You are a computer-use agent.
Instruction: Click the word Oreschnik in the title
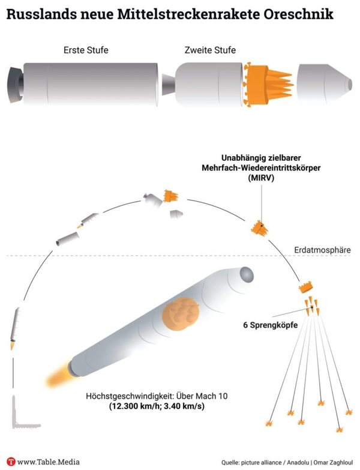(299, 14)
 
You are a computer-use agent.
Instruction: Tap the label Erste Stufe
(86, 50)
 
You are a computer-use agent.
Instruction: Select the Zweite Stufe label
(210, 50)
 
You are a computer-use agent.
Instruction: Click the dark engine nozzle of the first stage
(15, 85)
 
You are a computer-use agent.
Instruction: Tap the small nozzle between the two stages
(169, 85)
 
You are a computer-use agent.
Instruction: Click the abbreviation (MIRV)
(261, 178)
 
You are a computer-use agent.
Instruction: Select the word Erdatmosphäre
(322, 250)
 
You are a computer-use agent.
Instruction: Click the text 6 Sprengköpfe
(271, 325)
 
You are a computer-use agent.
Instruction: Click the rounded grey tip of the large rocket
(246, 274)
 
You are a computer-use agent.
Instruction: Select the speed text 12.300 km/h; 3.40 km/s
(157, 407)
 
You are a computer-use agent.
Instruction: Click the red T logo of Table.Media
(11, 462)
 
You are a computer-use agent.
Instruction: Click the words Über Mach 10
(202, 396)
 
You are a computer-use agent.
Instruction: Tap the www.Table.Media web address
(48, 462)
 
